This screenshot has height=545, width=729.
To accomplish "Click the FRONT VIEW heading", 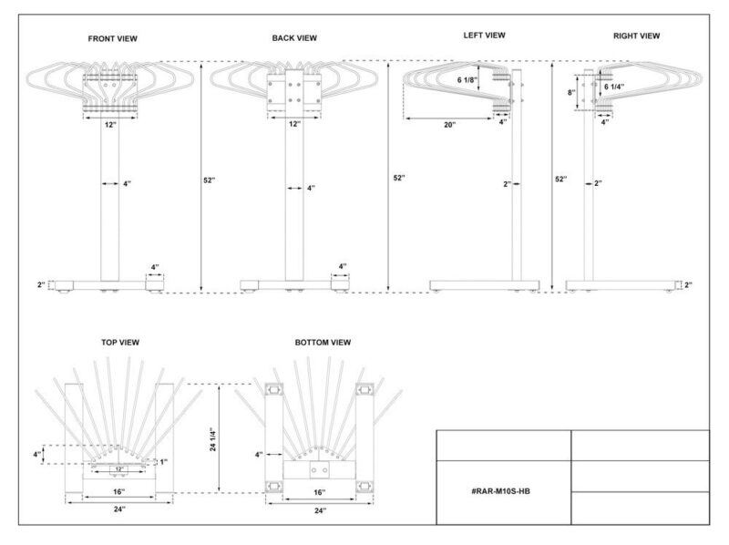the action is (x=112, y=38).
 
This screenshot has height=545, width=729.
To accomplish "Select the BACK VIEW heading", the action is (x=294, y=38).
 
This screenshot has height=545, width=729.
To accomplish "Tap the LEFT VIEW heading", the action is (x=484, y=36).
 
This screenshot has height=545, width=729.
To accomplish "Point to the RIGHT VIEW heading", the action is (x=636, y=36).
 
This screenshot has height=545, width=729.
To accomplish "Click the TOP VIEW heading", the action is (x=120, y=343).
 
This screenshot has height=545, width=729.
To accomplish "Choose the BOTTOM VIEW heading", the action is (x=323, y=343).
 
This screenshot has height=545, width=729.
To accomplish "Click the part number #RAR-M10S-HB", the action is (x=500, y=491).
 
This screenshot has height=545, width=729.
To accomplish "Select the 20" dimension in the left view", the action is (x=449, y=125).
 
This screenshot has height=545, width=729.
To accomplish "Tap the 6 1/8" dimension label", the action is (x=467, y=80).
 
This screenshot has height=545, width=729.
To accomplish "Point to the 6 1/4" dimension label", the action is (x=614, y=87).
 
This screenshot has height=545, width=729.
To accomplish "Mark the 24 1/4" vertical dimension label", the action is (x=213, y=439).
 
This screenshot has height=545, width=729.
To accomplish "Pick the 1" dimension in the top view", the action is (x=164, y=462).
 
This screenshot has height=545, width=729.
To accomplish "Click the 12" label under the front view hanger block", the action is (x=110, y=125).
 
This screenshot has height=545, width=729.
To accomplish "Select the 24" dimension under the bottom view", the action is (x=320, y=510).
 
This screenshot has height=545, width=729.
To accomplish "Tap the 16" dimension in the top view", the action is (x=119, y=492).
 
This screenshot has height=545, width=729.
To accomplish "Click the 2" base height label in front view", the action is (x=41, y=284).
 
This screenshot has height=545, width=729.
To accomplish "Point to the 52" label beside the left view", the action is (x=399, y=178).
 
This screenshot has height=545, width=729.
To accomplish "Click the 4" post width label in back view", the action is (x=311, y=189).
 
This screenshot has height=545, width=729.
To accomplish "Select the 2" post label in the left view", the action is (x=508, y=184).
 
